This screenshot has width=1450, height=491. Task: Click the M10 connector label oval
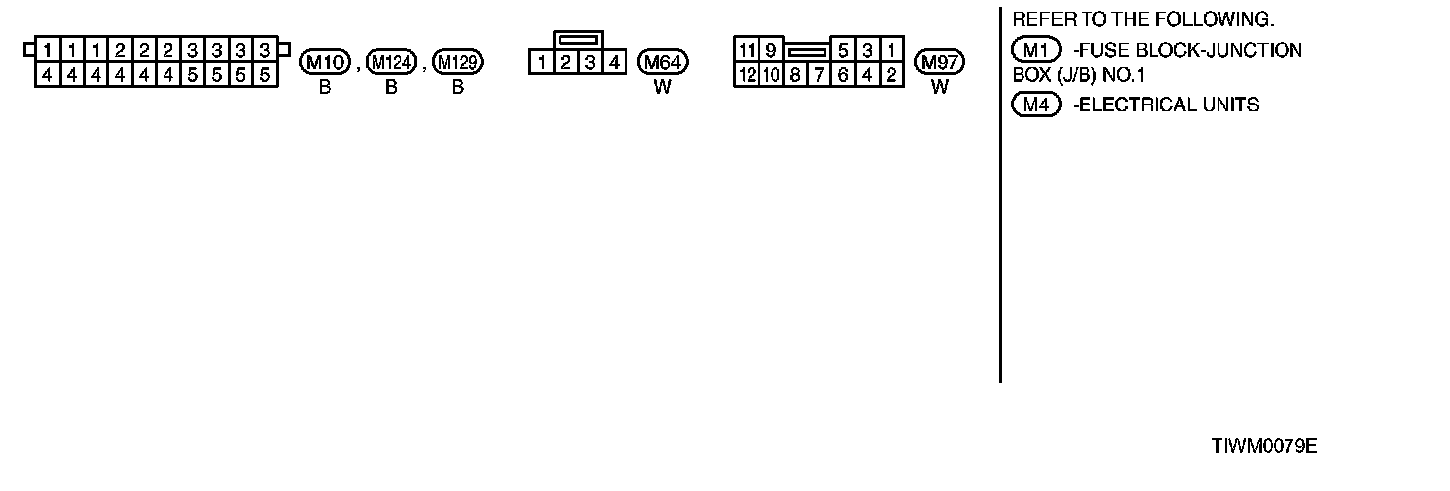coord(325,63)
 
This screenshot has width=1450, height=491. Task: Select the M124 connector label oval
coord(391,63)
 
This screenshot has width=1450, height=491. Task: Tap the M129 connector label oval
coord(458,63)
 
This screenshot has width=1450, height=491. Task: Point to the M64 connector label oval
coord(663,63)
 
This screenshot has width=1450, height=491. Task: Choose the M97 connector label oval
coord(940,63)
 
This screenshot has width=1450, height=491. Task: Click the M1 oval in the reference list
coord(1035,50)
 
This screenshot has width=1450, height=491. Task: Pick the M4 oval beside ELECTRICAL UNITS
coord(1035,105)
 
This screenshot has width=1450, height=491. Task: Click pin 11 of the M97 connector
coord(747,50)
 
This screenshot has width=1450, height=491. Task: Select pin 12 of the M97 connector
coord(747,74)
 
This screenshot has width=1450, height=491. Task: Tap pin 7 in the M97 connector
coord(819,74)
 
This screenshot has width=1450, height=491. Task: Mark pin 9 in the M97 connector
coord(770,50)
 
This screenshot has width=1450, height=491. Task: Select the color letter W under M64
coord(663,87)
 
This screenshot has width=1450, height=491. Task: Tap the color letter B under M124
coord(391,87)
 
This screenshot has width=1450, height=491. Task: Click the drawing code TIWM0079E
coord(1264,446)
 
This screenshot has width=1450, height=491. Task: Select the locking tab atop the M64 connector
coord(577,40)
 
